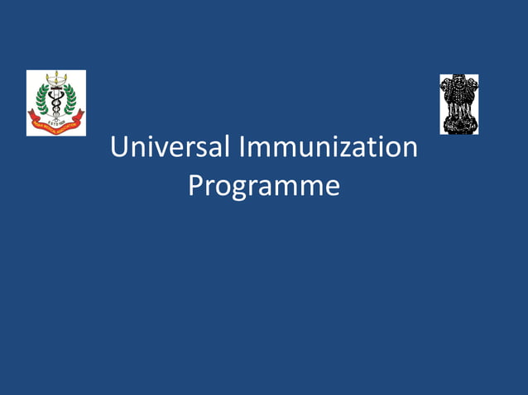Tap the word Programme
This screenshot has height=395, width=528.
pos(264,184)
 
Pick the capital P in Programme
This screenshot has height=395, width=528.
pos(196,184)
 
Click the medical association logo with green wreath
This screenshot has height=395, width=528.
pos(56,102)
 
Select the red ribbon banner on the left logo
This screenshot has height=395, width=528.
pos(55,123)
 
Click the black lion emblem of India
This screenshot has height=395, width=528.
pos(458,104)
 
